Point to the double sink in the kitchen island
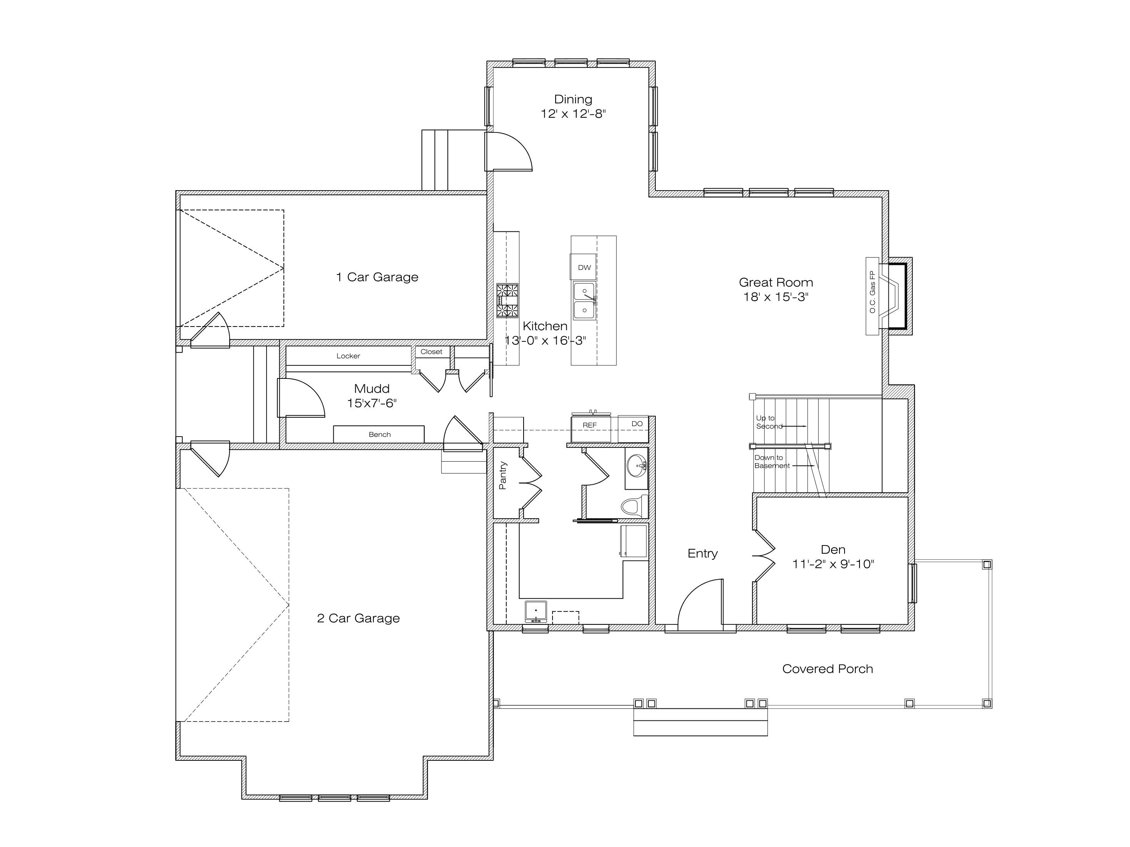pos(584,301)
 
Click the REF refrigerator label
pos(589,425)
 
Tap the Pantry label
pos(503,475)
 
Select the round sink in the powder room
pos(636,465)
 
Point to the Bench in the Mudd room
pos(379,434)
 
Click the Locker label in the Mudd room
pos(348,356)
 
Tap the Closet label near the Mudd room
pos(432,352)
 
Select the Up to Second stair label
pos(769,422)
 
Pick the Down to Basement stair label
pos(772,462)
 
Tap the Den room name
pos(833,549)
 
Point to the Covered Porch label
pos(828,669)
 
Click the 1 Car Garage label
pos(377,277)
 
